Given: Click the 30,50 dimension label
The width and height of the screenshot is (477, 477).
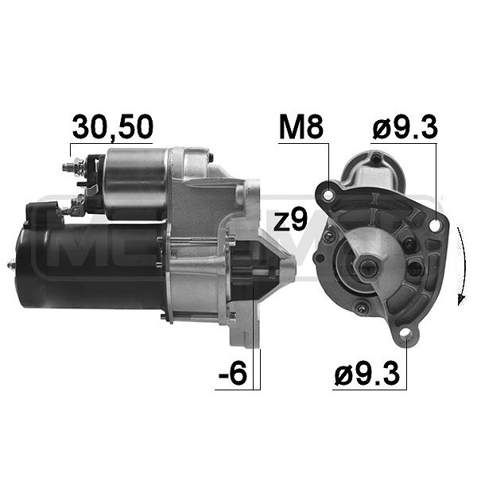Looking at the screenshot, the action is [x=112, y=127].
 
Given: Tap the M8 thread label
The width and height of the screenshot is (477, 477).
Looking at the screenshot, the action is [x=301, y=127].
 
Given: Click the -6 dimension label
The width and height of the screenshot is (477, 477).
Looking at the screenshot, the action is [x=232, y=372].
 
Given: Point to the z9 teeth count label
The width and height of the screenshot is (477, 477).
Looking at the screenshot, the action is [x=290, y=220].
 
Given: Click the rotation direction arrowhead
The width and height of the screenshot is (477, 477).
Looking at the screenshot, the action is [x=461, y=300].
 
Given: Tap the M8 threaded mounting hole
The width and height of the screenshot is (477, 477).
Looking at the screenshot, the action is [x=328, y=195].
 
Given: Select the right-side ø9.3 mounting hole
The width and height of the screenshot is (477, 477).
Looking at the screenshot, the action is [x=436, y=226].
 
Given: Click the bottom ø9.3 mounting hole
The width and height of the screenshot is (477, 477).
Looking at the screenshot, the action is [x=406, y=334].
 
